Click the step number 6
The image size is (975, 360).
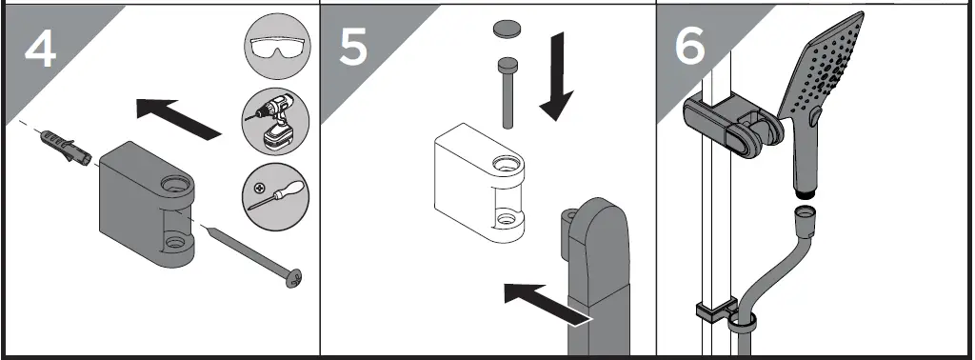coord(690,48)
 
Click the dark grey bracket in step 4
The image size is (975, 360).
coord(143,205)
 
